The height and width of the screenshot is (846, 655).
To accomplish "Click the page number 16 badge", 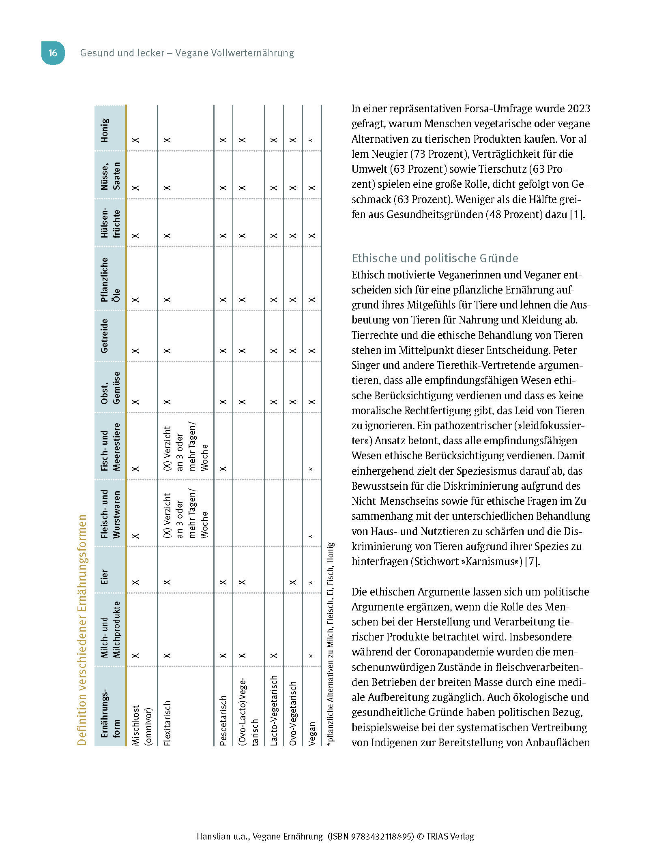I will [53, 53].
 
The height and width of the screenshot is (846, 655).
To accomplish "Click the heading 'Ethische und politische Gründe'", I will [435, 258].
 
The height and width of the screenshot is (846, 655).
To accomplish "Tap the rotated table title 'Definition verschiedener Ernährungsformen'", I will [82, 630].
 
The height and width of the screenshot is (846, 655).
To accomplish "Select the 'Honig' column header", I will [105, 130].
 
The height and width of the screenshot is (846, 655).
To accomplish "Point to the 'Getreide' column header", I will [105, 336].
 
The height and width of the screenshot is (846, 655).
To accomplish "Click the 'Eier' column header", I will [105, 576].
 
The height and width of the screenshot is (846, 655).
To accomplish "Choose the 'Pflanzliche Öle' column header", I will [110, 280].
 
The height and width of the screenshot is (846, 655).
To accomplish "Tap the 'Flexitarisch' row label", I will [167, 723].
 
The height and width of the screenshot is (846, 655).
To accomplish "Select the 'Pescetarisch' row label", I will [223, 721].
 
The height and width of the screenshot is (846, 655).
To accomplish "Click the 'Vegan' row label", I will [312, 734].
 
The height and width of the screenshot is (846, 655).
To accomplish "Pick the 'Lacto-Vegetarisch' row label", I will [274, 710].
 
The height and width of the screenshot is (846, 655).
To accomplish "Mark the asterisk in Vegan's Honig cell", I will [311, 141].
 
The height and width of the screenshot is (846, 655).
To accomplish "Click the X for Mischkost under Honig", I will [135, 140].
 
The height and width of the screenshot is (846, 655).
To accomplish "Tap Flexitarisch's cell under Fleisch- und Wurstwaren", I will [185, 514].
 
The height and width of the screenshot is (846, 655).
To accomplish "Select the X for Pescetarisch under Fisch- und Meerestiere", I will [223, 469].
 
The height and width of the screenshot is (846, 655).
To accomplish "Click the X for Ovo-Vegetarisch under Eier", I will [293, 582].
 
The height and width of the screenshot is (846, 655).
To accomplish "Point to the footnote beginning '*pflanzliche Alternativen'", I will [331, 645].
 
